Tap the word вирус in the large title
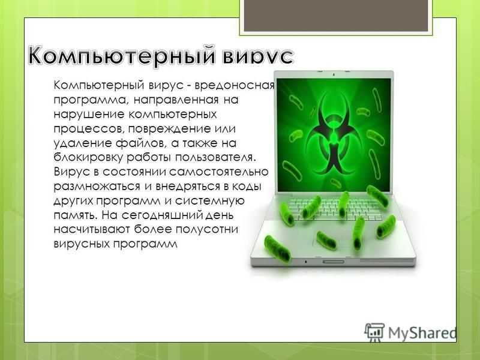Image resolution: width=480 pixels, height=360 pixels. tap(258, 56)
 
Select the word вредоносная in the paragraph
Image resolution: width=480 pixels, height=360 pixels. tap(235, 85)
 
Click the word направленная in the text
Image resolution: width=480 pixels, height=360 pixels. tap(176, 100)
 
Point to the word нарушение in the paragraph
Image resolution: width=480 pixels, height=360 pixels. tap(88, 115)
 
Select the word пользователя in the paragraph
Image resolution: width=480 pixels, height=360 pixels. tap(215, 158)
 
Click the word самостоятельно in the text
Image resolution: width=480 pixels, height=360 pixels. tap(218, 172)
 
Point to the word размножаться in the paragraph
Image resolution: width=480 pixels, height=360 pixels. tap(97, 187)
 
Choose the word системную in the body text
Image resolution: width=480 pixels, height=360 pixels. tap(209, 201)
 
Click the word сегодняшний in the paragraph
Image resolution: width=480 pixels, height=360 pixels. tap(162, 215)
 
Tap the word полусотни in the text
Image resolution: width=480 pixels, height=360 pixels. tap(204, 230)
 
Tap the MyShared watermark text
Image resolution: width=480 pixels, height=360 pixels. tap(422, 333)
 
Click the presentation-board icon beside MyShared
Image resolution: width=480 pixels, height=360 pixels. tap(374, 332)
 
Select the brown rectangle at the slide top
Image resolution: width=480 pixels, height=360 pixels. tap(336, 16)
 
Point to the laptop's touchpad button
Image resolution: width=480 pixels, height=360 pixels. tap(334, 262)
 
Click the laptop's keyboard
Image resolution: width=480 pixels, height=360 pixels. tap(335, 209)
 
